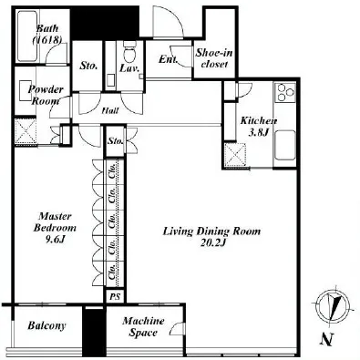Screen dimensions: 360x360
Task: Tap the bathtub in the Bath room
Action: point(27,36)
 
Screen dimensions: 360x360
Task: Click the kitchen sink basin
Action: point(284,145)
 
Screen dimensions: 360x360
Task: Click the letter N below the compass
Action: point(327,338)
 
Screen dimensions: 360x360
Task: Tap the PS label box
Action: point(115,296)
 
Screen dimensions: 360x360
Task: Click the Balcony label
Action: point(46,325)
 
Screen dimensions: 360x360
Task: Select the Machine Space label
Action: point(143,326)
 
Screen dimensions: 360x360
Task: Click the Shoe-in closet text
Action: point(214,58)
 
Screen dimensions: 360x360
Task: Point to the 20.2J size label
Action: point(212,243)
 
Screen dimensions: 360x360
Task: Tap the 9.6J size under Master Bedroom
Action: point(55,240)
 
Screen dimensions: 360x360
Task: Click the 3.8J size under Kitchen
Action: point(258,133)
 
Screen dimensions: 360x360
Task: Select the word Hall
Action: point(110,110)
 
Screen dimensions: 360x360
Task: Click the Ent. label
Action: point(168,59)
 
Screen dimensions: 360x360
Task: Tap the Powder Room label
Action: point(46,95)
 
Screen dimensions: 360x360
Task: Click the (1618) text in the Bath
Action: point(47,40)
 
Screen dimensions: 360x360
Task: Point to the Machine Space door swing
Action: point(177,329)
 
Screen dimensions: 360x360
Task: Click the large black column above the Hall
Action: point(105,24)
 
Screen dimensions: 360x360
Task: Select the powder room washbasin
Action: point(26,90)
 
